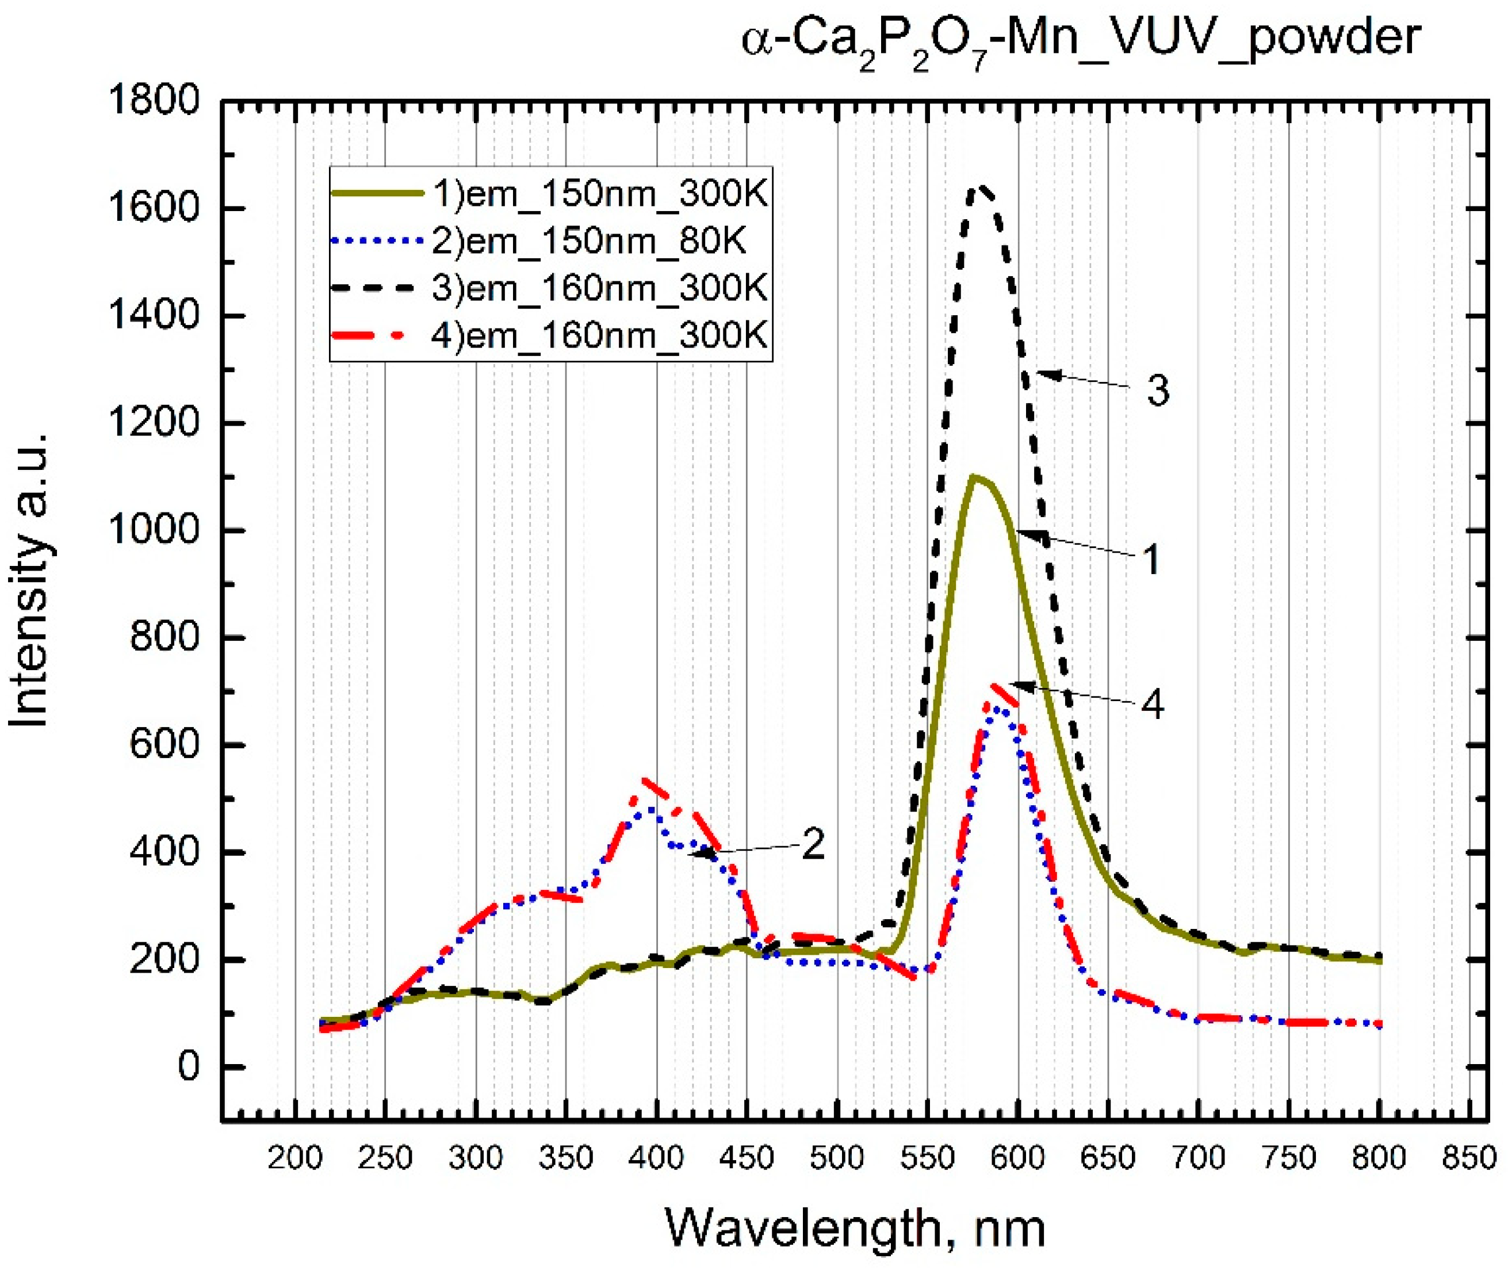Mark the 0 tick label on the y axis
(188, 1066)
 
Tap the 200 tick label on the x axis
(295, 1158)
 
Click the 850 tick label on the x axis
(1470, 1158)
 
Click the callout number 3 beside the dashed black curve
(1157, 391)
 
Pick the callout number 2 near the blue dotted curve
(813, 844)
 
